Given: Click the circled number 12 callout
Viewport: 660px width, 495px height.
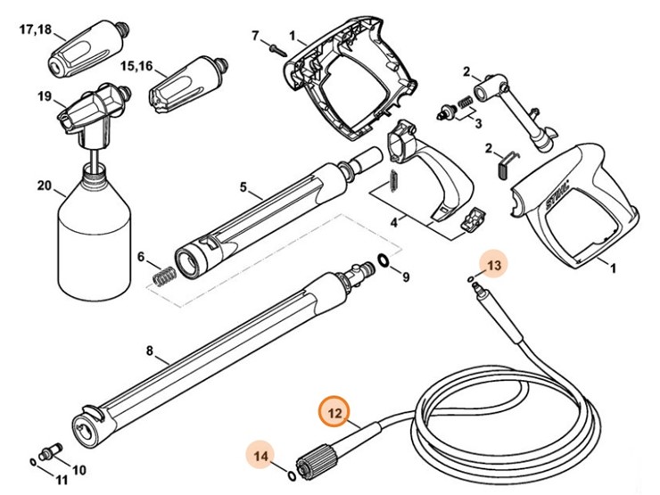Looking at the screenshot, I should point(334,412).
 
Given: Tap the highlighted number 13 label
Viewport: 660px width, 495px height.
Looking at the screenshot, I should point(494,264).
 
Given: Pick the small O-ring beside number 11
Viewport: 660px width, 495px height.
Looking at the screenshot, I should point(33,462).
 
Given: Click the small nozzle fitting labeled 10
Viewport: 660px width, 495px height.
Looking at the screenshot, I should point(50,445).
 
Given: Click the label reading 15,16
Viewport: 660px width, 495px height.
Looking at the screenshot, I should point(136,65).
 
